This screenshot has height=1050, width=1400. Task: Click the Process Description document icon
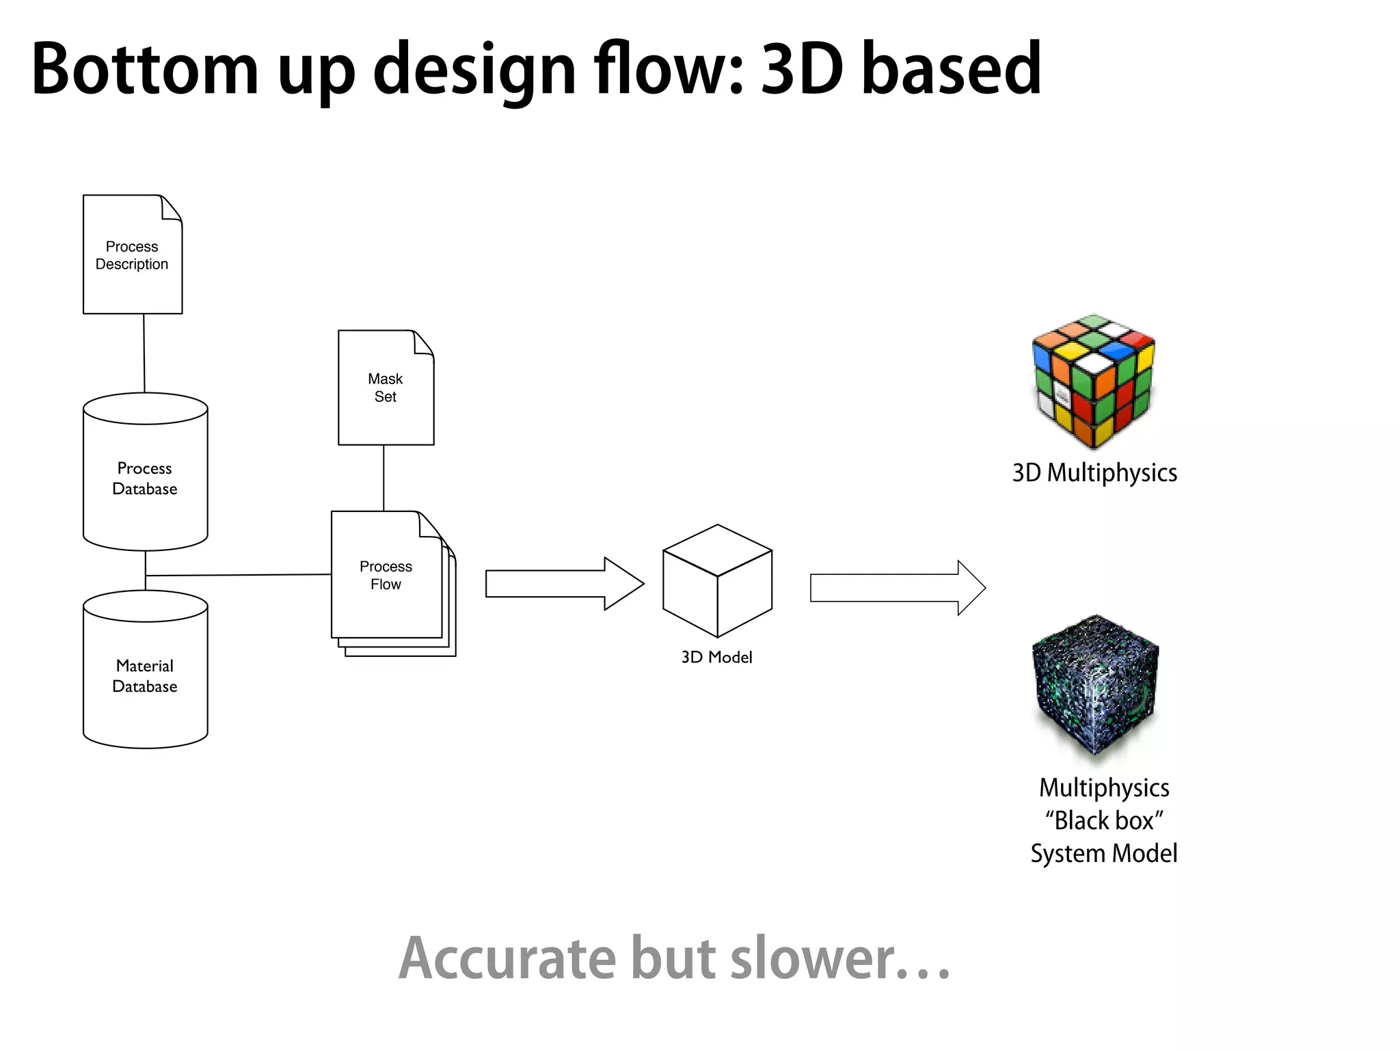(x=133, y=254)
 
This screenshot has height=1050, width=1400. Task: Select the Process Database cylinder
(x=145, y=479)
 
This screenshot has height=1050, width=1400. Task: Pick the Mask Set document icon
(x=386, y=388)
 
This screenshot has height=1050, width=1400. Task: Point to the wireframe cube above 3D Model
(x=717, y=581)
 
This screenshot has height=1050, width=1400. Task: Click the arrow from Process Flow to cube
(x=565, y=584)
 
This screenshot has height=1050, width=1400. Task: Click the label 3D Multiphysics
(x=1094, y=473)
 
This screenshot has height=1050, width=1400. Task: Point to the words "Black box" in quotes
(x=1104, y=820)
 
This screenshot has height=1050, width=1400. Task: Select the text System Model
(x=1104, y=854)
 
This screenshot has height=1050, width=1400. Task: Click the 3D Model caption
(x=716, y=657)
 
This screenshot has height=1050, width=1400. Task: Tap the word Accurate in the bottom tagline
(x=507, y=958)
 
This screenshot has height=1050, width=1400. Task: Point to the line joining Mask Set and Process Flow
(x=383, y=478)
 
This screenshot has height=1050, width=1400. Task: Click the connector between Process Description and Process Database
(x=144, y=353)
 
